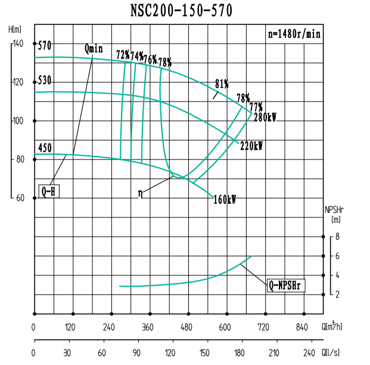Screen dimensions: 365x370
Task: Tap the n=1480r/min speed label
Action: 294,34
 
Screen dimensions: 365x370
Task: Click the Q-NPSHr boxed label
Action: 286,286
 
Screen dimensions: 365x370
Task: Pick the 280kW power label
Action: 265,117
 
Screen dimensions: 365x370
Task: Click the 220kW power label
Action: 251,145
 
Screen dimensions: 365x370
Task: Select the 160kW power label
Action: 225,200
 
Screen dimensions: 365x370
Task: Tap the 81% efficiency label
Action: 222,83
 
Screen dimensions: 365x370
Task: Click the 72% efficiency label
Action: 123,55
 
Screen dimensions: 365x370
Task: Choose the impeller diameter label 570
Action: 45,45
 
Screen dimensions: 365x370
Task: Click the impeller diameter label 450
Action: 45,148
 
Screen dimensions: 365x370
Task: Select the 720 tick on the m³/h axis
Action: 263,327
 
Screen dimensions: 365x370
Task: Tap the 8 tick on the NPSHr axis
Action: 337,237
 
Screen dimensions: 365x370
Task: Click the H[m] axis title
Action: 15,29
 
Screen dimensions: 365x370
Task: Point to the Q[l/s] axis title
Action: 331,353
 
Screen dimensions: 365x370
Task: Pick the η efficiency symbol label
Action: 140,192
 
